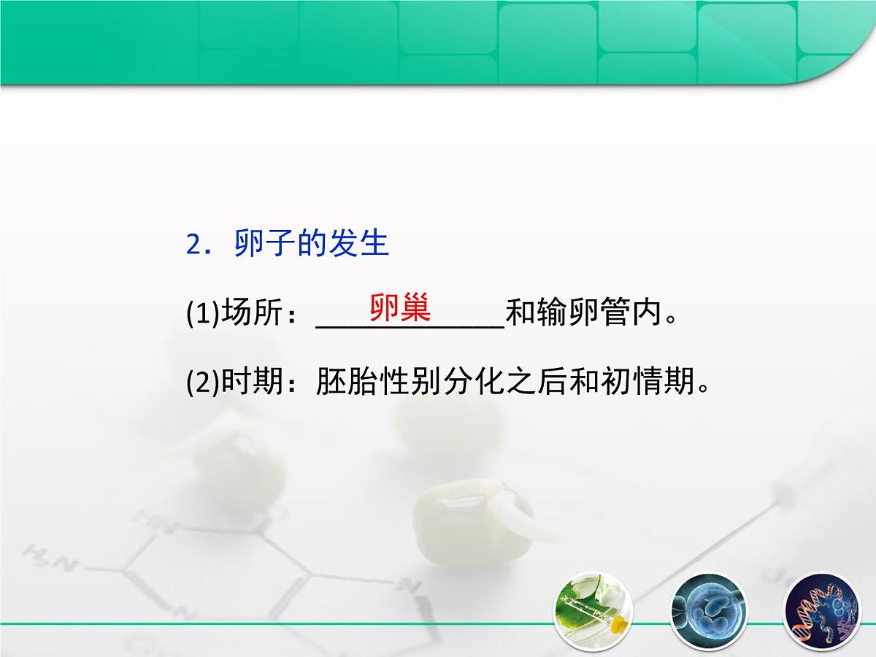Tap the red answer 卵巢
400,308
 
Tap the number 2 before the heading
193,245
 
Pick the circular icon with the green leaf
592,609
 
